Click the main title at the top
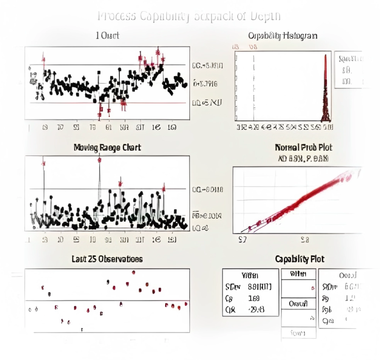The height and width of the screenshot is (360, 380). click(x=189, y=16)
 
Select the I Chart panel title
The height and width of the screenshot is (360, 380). click(x=107, y=36)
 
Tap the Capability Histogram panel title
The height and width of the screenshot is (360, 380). click(x=282, y=36)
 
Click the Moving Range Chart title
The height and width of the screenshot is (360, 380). click(x=107, y=147)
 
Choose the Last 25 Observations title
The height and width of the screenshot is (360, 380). click(x=107, y=259)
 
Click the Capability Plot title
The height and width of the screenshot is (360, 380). click(x=300, y=259)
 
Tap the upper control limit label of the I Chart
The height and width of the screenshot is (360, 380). click(x=208, y=65)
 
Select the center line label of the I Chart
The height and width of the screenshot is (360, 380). click(x=205, y=83)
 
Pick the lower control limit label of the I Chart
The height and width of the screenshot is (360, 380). click(x=207, y=103)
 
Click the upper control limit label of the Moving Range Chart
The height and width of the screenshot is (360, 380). click(x=208, y=189)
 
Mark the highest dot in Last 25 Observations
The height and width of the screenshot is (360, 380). click(x=135, y=272)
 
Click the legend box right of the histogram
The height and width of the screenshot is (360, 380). click(x=351, y=70)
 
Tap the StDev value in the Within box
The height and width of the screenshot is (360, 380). click(x=259, y=287)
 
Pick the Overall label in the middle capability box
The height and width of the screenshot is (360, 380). click(x=299, y=303)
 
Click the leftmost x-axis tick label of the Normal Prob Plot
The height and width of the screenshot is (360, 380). click(x=242, y=240)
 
